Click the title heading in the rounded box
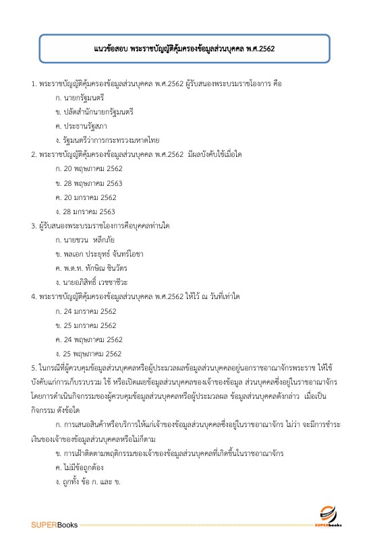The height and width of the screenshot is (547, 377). click(188, 49)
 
